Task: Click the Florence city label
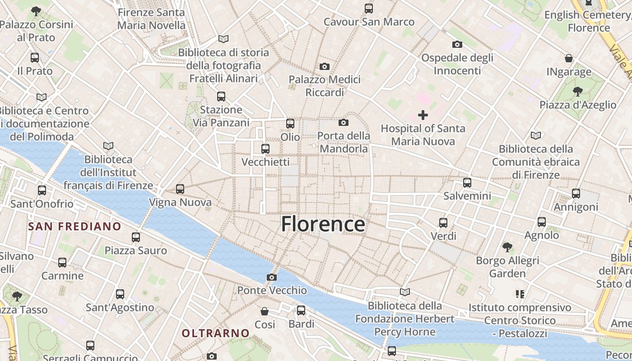323,224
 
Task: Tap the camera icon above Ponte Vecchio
271,277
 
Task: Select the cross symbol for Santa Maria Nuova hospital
423,115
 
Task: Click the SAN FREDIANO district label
74,227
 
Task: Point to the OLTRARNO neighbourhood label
215,333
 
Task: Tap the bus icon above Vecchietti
265,148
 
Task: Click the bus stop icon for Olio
290,123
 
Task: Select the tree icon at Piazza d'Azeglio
577,92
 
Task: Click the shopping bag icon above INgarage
569,58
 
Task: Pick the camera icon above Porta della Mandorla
344,122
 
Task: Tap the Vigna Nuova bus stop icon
180,189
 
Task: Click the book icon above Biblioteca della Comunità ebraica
536,135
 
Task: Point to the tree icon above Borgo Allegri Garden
507,247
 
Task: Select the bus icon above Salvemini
467,183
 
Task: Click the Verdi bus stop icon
443,222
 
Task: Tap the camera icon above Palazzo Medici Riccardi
324,67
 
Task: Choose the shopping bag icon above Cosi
265,311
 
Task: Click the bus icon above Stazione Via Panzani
221,96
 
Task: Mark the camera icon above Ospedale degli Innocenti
457,44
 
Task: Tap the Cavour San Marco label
369,22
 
